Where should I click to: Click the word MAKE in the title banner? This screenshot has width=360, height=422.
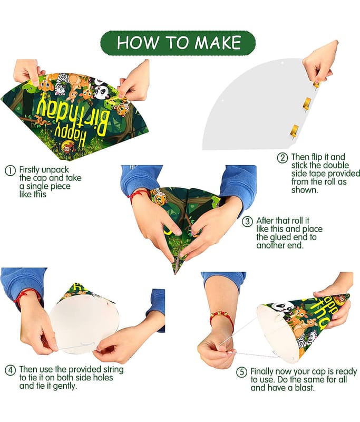click(218, 43)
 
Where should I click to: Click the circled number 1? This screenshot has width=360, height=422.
click(10, 171)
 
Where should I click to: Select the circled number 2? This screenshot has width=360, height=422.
click(283, 158)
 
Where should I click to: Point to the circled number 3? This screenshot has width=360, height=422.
click(247, 222)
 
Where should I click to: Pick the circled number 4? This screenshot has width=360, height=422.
click(10, 370)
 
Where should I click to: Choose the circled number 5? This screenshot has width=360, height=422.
click(241, 372)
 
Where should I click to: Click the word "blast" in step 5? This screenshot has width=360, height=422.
click(303, 388)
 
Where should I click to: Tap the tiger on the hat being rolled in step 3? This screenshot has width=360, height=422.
click(159, 196)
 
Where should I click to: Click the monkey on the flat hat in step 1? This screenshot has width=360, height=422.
click(66, 147)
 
